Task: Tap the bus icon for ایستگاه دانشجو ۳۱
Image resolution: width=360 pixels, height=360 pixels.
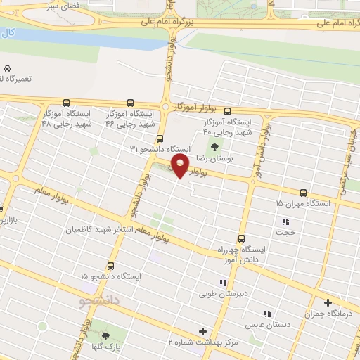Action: pyautogui.click(x=160, y=139)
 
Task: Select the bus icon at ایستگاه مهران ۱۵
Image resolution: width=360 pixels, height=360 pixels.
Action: pyautogui.click(x=304, y=193)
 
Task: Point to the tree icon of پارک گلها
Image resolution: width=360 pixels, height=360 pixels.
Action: pyautogui.click(x=105, y=335)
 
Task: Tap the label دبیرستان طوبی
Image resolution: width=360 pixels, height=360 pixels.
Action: pyautogui.click(x=219, y=295)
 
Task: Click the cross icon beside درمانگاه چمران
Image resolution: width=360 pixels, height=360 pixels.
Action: pyautogui.click(x=328, y=302)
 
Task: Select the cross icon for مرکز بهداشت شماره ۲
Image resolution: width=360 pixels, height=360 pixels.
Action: pyautogui.click(x=203, y=330)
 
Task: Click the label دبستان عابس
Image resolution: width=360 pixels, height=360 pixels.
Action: pyautogui.click(x=263, y=326)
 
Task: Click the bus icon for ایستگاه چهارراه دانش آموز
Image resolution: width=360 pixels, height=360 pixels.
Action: pyautogui.click(x=242, y=238)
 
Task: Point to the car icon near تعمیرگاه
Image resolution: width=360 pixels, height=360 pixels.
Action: pyautogui.click(x=7, y=69)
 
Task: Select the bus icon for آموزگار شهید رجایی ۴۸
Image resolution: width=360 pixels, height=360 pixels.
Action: pyautogui.click(x=67, y=102)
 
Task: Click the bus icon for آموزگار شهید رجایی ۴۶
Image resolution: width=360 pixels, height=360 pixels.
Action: pyautogui.click(x=130, y=102)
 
